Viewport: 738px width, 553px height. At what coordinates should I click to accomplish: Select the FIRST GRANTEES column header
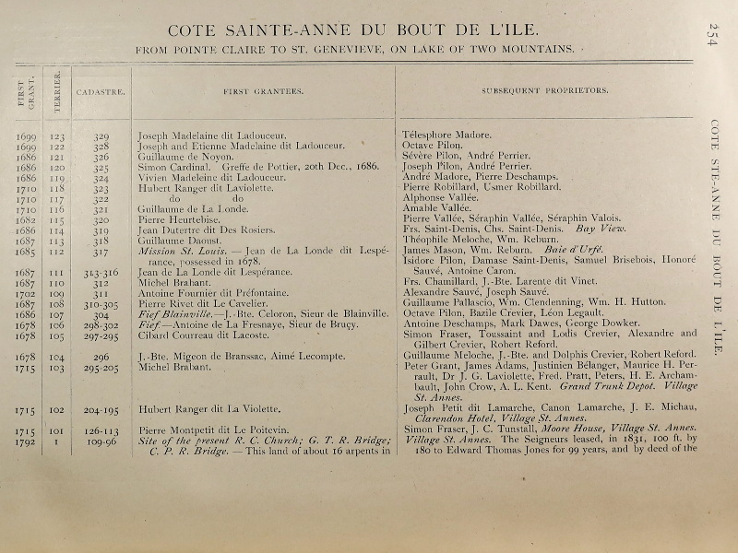[264, 92]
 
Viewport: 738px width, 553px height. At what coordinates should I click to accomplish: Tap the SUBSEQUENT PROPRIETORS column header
[544, 92]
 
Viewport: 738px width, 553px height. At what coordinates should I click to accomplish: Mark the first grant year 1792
[26, 441]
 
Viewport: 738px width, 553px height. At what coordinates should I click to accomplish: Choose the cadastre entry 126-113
[101, 429]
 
